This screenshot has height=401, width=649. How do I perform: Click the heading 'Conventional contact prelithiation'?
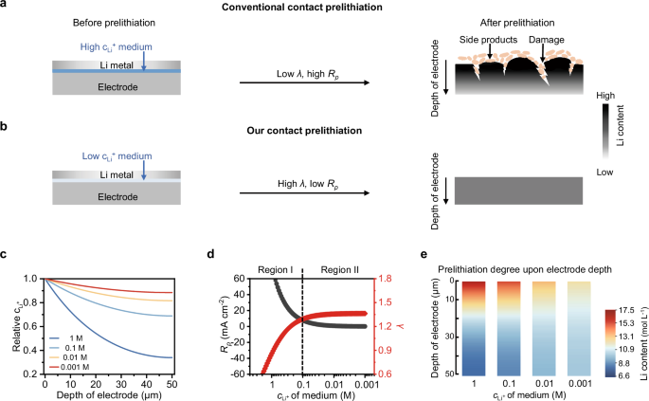(x=323, y=9)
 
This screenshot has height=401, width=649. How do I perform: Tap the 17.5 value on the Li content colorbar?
(x=630, y=309)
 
